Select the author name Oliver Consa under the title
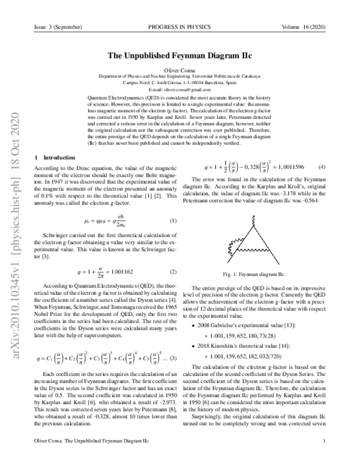(x=180, y=71)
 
